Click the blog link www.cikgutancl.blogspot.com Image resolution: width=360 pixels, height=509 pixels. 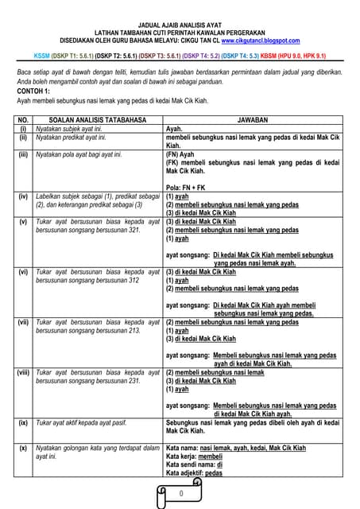click(x=261, y=40)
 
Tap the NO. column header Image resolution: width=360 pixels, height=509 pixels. click(x=23, y=119)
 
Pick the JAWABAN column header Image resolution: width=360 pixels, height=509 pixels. click(x=253, y=119)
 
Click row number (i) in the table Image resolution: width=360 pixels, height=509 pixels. click(x=23, y=128)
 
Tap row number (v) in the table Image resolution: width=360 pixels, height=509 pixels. click(x=23, y=221)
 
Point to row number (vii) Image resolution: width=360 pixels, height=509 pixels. click(x=23, y=323)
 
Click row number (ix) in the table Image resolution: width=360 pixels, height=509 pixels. click(x=23, y=423)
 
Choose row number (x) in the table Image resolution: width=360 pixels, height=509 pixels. click(x=23, y=448)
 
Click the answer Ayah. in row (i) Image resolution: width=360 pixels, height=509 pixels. click(x=174, y=128)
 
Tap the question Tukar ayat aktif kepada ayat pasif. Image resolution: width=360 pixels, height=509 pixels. click(x=87, y=423)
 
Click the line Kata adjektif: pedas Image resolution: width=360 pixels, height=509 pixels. click(x=194, y=473)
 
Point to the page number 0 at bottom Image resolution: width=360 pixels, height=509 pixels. click(x=181, y=494)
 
